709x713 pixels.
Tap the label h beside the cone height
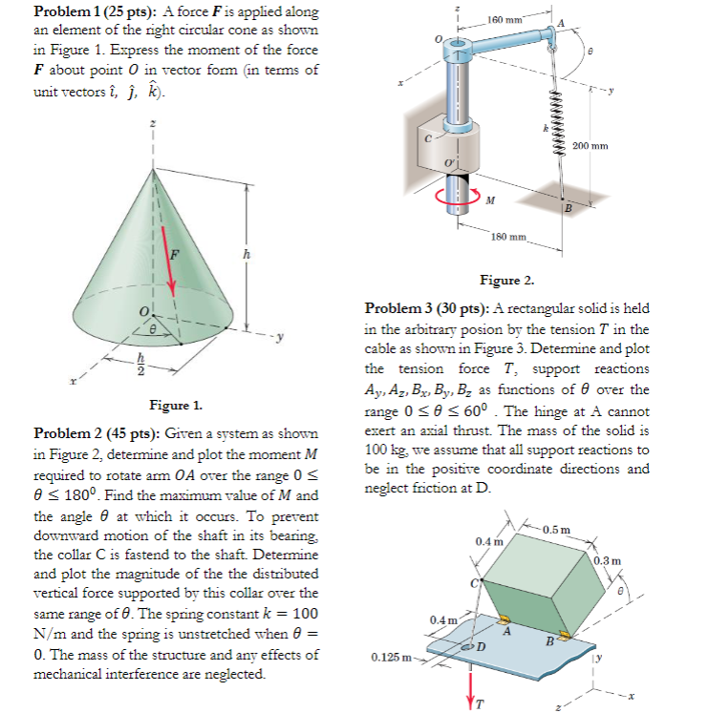pyautogui.click(x=247, y=254)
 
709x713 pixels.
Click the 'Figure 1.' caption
pyautogui.click(x=173, y=405)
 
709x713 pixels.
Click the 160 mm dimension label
pyautogui.click(x=504, y=19)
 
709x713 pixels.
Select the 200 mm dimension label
pyautogui.click(x=592, y=145)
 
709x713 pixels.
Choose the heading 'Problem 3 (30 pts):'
pyautogui.click(x=426, y=309)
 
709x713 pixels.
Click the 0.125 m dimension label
pyautogui.click(x=393, y=657)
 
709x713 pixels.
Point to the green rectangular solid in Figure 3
pyautogui.click(x=540, y=582)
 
